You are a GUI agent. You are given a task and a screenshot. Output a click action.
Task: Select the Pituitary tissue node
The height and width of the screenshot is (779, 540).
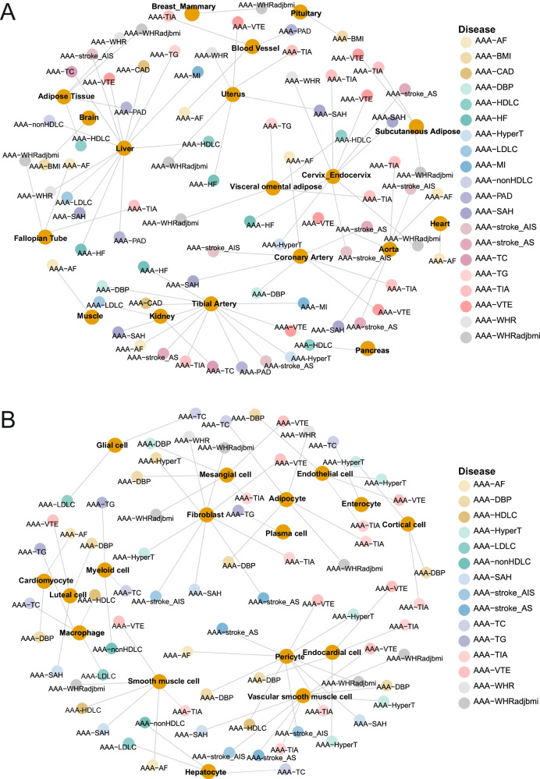click(301, 10)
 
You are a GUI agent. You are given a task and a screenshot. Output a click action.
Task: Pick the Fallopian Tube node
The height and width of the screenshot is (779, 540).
click(44, 237)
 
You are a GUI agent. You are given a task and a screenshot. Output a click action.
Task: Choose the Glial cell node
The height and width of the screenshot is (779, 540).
click(116, 444)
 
